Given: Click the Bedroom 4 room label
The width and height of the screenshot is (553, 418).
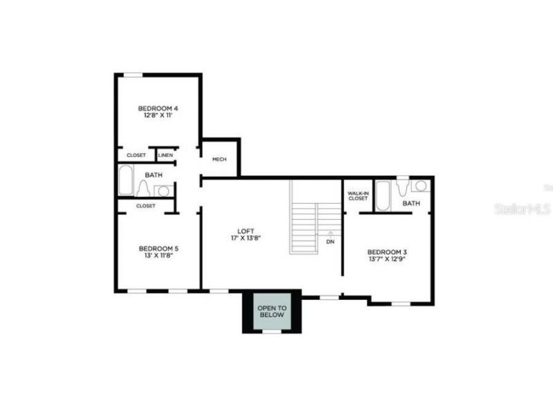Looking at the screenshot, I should (x=158, y=108).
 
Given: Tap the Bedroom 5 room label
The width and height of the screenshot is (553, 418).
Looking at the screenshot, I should (x=158, y=249).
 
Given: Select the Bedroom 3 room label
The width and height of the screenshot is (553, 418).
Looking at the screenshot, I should (x=386, y=251).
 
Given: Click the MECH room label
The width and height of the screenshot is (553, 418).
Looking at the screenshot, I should (x=220, y=160).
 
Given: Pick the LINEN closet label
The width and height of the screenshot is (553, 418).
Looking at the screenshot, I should (x=165, y=155).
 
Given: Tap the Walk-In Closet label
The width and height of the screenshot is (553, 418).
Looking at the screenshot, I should (x=358, y=196).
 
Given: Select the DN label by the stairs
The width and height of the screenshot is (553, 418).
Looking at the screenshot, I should (x=330, y=242).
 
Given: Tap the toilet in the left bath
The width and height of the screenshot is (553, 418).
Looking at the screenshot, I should (x=144, y=189).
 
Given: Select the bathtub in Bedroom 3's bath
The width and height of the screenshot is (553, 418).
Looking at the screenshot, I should (x=382, y=196).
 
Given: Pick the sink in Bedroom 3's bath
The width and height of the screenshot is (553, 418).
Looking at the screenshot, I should (x=420, y=186).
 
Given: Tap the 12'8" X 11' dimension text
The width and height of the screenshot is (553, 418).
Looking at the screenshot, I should (x=158, y=115).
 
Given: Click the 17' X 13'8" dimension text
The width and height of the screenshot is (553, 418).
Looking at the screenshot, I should (x=246, y=238).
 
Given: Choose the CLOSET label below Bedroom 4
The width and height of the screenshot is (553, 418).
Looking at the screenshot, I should (x=136, y=155).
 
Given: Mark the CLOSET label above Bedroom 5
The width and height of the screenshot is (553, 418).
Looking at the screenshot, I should (x=145, y=206).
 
